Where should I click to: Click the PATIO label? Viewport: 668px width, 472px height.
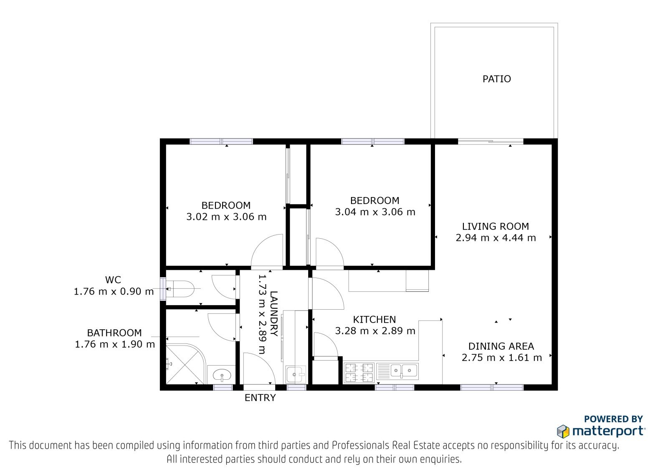point(496,79)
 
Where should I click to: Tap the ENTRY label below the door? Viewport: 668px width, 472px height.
point(260,398)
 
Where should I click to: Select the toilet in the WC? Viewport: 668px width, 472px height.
point(180,289)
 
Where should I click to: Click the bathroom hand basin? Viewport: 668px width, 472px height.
point(221,375)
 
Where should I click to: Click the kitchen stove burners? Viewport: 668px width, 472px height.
point(359,372)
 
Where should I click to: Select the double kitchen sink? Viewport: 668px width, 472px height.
point(397,371)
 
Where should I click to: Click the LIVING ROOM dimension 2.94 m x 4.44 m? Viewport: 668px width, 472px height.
point(496,238)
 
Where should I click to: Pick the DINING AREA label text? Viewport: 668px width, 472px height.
point(501,346)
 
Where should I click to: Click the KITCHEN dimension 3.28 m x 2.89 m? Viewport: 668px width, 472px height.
point(375,331)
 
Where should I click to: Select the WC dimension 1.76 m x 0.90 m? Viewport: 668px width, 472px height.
point(114,291)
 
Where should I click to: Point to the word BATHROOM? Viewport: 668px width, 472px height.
point(114,333)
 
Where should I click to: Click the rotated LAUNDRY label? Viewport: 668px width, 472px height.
point(273,314)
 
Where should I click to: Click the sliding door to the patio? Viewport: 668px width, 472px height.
point(491,141)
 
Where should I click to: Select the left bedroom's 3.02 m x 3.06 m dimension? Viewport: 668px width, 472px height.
point(226,217)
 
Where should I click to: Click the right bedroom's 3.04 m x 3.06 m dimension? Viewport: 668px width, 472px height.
point(375,212)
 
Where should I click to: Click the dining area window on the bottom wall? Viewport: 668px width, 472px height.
point(492,387)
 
